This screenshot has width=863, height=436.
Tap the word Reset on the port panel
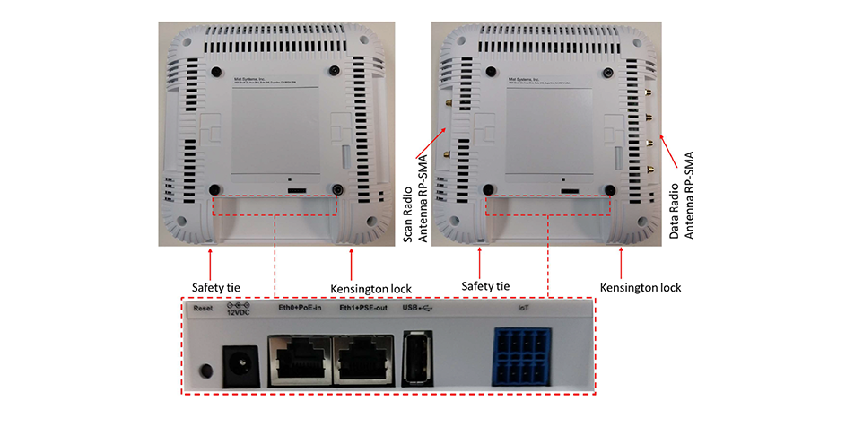pos(202,309)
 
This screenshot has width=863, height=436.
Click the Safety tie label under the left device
pos(216,287)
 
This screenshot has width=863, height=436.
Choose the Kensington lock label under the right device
pos(641,288)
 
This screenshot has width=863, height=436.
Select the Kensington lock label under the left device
pos(371,288)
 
